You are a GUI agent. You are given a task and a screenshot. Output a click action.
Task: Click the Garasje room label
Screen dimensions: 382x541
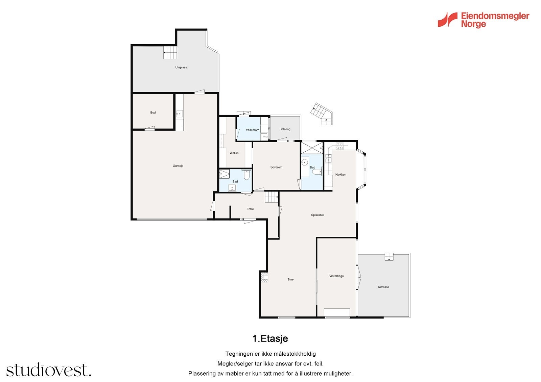point(178,166)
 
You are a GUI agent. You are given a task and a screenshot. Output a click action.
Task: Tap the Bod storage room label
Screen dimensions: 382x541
point(153,112)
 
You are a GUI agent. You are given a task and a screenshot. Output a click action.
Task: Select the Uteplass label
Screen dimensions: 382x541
point(181,68)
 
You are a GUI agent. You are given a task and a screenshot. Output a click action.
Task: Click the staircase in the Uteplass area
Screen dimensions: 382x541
point(170,53)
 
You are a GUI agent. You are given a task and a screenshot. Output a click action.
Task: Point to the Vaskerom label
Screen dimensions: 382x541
point(252,130)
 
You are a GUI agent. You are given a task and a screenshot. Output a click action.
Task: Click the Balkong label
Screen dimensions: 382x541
point(285,129)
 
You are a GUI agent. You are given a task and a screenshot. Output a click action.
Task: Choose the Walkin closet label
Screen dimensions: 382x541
point(234,153)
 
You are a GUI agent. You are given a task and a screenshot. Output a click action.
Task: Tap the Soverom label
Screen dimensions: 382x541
point(276,167)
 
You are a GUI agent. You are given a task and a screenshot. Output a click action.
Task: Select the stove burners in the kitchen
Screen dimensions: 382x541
point(339,146)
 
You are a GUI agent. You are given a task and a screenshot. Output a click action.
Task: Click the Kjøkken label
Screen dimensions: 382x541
point(340,175)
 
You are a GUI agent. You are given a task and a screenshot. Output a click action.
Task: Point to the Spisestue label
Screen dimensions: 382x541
point(317,215)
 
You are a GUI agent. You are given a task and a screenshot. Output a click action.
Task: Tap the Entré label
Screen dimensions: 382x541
point(250,209)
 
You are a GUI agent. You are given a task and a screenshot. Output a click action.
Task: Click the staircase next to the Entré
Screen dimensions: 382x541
point(271,197)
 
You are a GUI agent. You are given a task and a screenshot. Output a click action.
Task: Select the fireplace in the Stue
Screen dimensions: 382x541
point(264,278)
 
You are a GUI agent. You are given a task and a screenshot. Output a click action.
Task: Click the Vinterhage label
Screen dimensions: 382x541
point(336,276)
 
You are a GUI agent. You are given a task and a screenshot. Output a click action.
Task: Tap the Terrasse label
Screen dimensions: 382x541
point(383,287)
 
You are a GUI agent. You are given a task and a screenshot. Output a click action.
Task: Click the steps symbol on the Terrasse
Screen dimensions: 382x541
point(389,257)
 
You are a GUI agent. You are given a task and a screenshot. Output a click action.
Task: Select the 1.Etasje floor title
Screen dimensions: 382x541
point(270,338)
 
